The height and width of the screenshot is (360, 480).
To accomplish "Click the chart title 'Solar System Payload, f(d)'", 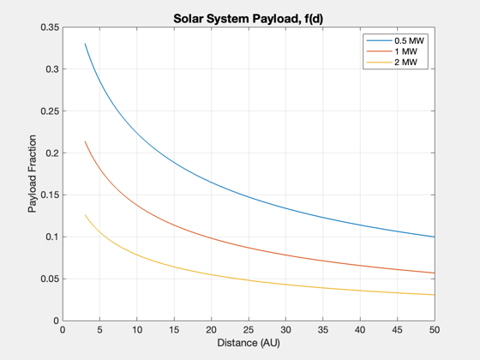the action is tap(249, 19).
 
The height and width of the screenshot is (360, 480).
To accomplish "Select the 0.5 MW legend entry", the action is tap(395, 40).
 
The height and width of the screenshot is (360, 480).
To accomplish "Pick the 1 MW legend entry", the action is tap(392, 51).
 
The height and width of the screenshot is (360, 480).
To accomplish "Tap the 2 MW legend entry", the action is tap(392, 62).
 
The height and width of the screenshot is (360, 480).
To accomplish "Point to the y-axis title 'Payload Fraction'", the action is tap(33, 173).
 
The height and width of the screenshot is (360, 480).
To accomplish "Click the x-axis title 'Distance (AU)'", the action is tap(249, 343).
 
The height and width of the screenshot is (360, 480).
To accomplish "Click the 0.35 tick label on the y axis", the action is tap(50, 27).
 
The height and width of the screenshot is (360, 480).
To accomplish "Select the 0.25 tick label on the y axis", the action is tap(50, 111).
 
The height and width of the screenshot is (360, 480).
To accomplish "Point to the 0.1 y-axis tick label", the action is tap(52, 237).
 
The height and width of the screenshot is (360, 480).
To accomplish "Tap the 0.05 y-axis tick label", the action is tap(50, 279).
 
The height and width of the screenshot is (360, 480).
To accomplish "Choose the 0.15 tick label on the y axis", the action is tap(50, 195).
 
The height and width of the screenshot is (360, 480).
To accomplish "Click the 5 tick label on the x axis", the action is tap(99, 330).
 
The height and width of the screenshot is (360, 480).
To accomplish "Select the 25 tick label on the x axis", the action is tap(249, 330).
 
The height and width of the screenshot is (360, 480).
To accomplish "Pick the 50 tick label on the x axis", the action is tap(435, 330).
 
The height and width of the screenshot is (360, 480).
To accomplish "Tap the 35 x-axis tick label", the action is tap(323, 330).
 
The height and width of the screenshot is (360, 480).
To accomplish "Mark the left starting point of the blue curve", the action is tap(85, 44).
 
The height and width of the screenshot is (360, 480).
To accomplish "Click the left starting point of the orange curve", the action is tap(85, 141).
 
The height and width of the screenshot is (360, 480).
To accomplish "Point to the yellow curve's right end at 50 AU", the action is tap(435, 295).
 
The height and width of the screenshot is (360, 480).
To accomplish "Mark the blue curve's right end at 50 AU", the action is tap(435, 237).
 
